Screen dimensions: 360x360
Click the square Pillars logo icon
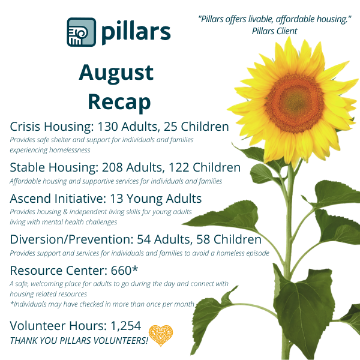click(x=81, y=32)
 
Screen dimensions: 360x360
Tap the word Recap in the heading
click(x=119, y=102)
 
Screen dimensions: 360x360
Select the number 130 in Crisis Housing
click(x=107, y=127)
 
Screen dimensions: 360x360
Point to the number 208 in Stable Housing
click(x=112, y=167)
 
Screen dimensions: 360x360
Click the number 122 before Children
click(x=179, y=167)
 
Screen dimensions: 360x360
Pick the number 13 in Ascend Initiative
click(x=116, y=199)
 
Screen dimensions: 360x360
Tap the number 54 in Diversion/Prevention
click(x=144, y=239)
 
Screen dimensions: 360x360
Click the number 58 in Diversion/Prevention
click(x=203, y=239)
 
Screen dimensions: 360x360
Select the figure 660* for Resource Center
click(x=124, y=270)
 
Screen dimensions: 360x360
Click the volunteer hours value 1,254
click(x=126, y=326)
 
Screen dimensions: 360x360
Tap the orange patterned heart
click(x=161, y=335)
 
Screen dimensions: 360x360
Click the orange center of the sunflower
click(x=295, y=104)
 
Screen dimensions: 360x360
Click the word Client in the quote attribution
click(x=286, y=31)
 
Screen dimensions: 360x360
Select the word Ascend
click(x=30, y=199)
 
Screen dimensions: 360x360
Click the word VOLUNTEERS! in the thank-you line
click(x=121, y=341)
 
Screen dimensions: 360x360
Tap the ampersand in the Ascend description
click(x=65, y=212)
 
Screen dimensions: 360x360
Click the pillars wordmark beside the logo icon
click(x=136, y=32)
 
